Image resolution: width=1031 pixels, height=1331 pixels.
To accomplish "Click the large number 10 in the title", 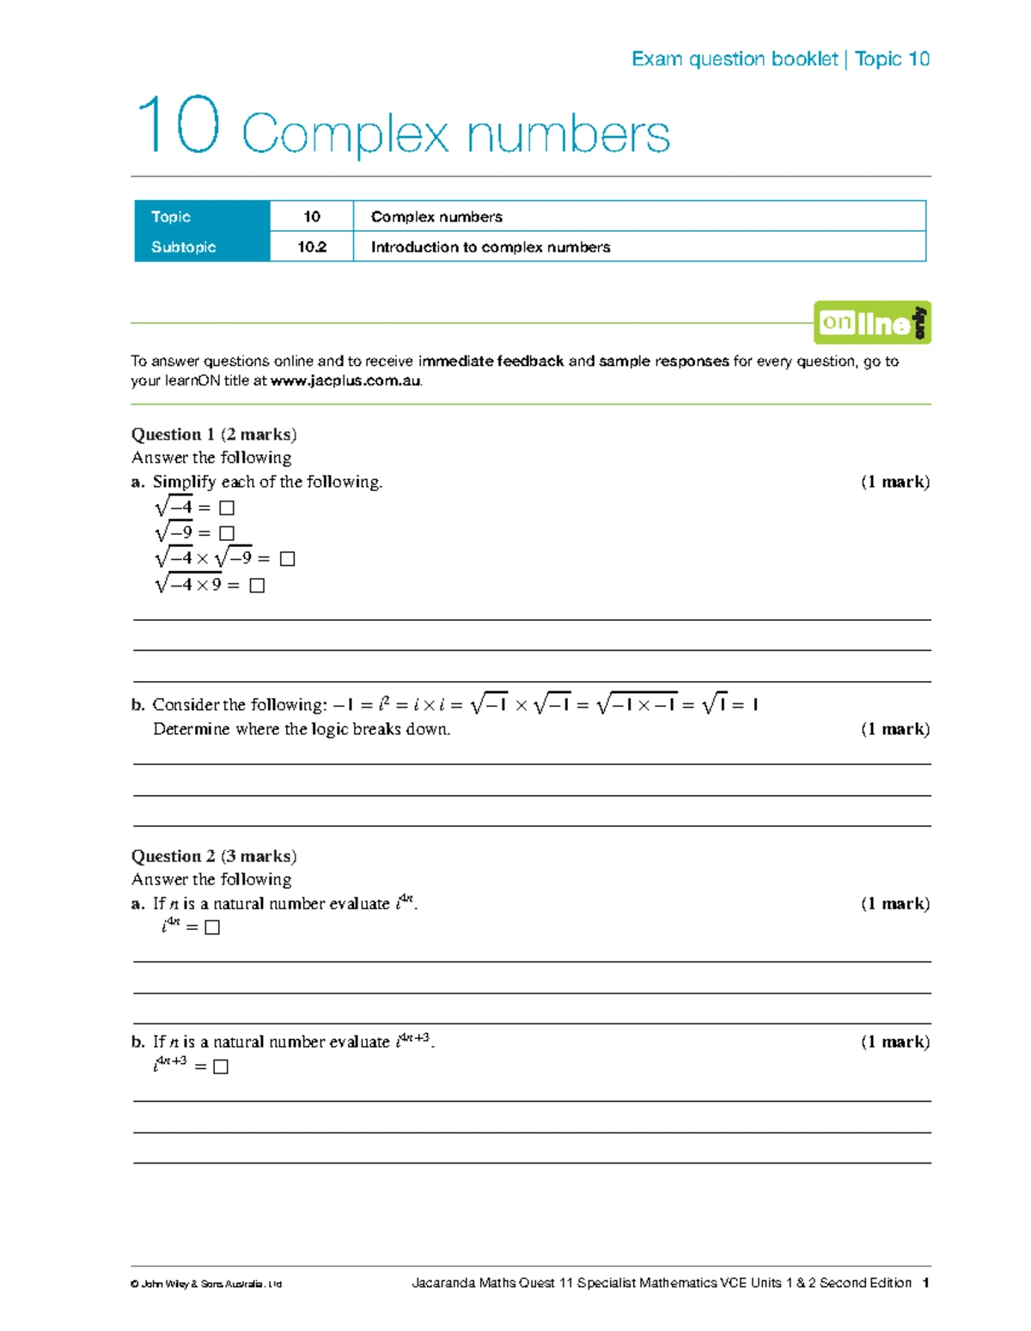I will pyautogui.click(x=178, y=126).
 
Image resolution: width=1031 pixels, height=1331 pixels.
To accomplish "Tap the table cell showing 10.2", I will pyautogui.click(x=312, y=247).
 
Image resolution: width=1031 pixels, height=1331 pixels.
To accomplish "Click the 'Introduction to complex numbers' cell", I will pyautogui.click(x=491, y=247).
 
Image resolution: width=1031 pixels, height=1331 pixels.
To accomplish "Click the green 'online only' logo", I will pyautogui.click(x=872, y=323).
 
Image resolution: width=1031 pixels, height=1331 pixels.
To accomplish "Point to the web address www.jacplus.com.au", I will pyautogui.click(x=345, y=381).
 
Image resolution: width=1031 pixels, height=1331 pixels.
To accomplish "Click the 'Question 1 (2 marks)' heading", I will pyautogui.click(x=214, y=435).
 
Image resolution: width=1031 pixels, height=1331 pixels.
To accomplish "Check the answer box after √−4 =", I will pyautogui.click(x=227, y=508).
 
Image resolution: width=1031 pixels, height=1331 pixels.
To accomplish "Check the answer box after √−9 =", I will pyautogui.click(x=227, y=534).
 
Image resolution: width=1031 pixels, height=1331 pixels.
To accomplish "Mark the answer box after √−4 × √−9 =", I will pyautogui.click(x=288, y=559).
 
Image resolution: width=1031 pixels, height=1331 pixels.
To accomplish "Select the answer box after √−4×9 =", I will pyautogui.click(x=257, y=586).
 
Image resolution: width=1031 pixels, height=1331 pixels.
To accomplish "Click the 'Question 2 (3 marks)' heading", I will pyautogui.click(x=214, y=856).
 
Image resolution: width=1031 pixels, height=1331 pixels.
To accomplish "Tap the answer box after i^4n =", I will pyautogui.click(x=212, y=927).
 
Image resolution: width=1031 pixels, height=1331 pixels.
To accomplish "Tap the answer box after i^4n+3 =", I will pyautogui.click(x=221, y=1067).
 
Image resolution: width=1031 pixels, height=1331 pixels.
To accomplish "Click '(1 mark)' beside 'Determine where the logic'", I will pyautogui.click(x=895, y=729).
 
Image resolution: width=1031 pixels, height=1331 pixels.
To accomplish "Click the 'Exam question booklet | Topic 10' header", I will pyautogui.click(x=780, y=58).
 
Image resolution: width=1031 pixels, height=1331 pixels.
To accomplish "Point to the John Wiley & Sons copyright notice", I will pyautogui.click(x=206, y=1285).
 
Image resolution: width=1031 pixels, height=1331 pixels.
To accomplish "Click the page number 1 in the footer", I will pyautogui.click(x=925, y=1283).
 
